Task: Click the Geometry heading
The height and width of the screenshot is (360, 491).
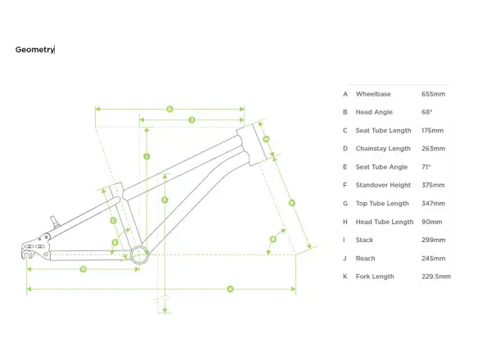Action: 34,49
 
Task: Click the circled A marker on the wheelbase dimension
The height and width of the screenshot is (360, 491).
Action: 230,289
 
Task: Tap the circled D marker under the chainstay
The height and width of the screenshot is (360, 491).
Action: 83,269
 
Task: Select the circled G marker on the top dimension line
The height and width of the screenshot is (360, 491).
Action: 169,110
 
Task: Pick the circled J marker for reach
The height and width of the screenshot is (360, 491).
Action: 191,120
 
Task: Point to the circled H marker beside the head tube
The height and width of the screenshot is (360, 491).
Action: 266,139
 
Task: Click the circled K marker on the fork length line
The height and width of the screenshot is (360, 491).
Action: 291,203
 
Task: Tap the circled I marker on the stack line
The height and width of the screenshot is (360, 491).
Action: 146,156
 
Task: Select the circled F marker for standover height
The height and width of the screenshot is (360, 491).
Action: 164,200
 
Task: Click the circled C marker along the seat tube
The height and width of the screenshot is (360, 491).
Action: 114,221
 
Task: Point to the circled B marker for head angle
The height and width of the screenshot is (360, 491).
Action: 273,240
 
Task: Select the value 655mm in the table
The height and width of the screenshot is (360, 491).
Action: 433,94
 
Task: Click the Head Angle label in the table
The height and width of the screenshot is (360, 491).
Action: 374,112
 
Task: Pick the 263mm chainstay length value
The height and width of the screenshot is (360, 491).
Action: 433,148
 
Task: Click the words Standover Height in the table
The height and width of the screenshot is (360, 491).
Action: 383,185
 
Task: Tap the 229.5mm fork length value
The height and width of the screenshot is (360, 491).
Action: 436,277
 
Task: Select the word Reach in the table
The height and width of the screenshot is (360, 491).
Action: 365,259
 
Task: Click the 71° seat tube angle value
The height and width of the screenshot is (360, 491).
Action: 426,167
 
